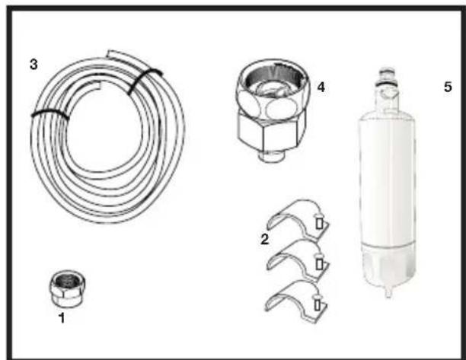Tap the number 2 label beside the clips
coord(264,239)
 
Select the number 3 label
coord(33,64)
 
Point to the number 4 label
coord(321,87)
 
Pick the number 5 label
coord(448,87)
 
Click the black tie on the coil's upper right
coord(142,81)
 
